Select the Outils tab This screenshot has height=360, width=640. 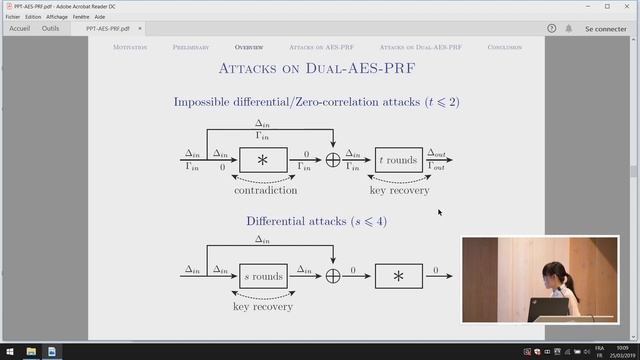click(50, 29)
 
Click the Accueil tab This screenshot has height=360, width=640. click(18, 29)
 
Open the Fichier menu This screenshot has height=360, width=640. click(12, 17)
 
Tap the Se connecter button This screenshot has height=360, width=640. click(605, 29)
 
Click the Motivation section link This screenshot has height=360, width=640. click(130, 47)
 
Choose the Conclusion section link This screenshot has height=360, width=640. click(508, 47)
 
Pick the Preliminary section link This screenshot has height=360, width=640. click(191, 47)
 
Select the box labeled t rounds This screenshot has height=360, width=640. click(399, 160)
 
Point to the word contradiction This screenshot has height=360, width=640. click(265, 190)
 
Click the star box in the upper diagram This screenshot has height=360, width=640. click(263, 160)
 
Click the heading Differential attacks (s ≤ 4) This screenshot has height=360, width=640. click(316, 220)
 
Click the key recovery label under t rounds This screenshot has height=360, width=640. click(399, 190)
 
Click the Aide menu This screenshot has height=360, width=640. click(100, 17)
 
